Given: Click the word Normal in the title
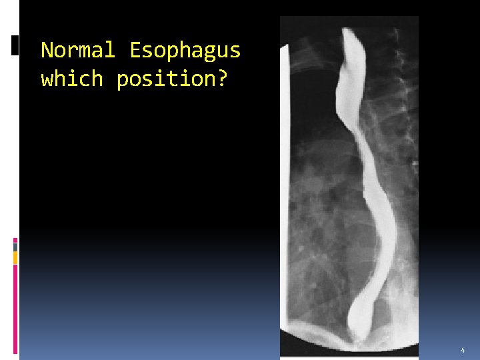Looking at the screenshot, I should coord(78,50).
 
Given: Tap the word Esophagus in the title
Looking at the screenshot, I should coord(185,50).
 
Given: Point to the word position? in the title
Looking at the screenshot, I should coord(171,79).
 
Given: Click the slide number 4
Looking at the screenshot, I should coord(463,350).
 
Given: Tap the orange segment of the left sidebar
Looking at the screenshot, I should coord(15,257).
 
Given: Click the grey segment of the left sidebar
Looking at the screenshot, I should coord(15,247).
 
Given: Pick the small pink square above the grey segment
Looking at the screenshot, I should coord(15,240).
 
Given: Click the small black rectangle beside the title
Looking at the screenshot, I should coord(15,45).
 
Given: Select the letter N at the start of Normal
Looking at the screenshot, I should coord(48,50).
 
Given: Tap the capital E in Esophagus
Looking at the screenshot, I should coord(136,50).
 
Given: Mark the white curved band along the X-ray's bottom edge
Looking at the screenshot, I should coord(347,347).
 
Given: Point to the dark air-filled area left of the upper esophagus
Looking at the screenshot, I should coord(313,87).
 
